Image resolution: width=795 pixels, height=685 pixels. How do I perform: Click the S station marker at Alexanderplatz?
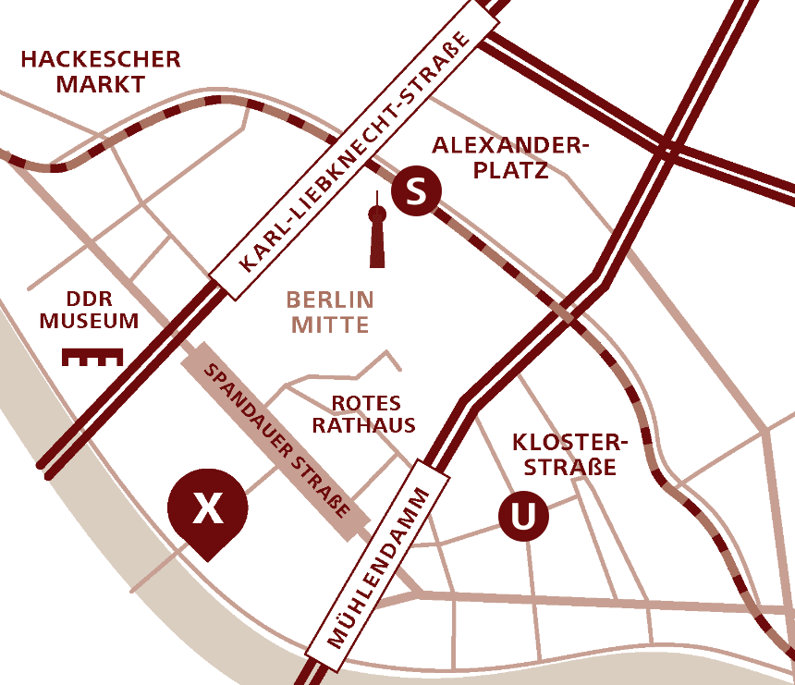(x=416, y=192)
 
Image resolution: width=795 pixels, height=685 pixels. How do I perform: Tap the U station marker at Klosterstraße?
(x=523, y=517)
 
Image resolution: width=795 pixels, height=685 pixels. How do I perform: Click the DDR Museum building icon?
(x=92, y=356)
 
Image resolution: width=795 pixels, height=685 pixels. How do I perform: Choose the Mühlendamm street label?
(x=380, y=567)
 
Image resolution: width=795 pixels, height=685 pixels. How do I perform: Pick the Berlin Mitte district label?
(x=330, y=312)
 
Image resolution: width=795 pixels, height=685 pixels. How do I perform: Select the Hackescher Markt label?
(x=101, y=72)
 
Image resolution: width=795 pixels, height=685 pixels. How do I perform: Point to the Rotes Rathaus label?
(x=362, y=414)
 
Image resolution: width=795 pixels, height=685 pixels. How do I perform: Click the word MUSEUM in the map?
(x=89, y=322)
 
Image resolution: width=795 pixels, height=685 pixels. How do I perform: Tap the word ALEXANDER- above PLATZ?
(x=510, y=146)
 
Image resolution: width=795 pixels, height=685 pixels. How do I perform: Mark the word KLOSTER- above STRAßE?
(x=569, y=442)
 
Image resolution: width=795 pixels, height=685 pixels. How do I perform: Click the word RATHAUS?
(x=362, y=425)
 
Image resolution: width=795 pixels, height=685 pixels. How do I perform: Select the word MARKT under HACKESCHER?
(x=101, y=84)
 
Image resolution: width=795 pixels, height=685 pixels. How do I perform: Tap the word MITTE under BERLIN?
(x=330, y=324)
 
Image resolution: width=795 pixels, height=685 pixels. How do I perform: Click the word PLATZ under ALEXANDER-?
(x=510, y=170)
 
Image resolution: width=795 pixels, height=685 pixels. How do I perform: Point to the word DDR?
(x=89, y=299)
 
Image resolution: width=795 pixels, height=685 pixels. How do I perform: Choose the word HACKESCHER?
(x=101, y=60)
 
